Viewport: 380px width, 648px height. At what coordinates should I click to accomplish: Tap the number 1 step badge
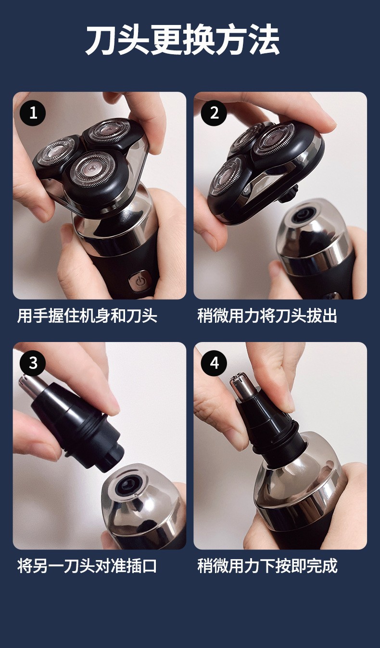[33, 113]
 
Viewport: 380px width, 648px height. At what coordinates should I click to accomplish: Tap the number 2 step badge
[214, 113]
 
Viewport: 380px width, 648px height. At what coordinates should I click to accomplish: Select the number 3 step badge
[33, 363]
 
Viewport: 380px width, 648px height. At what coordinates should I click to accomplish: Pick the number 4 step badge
[214, 363]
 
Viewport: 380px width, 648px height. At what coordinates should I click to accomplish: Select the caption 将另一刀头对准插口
[87, 566]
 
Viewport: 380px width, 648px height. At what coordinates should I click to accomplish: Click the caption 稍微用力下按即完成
[267, 566]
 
